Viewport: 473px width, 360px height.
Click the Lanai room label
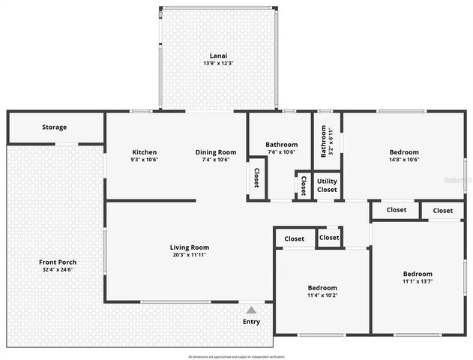tap(218, 55)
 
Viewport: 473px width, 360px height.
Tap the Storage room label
tap(54, 127)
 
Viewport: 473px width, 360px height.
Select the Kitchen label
tap(144, 151)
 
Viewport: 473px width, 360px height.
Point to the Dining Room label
tap(216, 151)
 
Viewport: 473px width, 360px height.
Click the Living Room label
tap(189, 247)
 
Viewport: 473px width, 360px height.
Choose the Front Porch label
tap(58, 262)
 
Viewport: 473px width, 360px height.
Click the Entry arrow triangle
tap(251, 309)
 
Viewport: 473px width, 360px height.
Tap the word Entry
tap(251, 322)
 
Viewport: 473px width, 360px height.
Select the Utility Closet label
tap(327, 184)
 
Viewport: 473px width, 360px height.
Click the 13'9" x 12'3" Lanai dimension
tap(218, 63)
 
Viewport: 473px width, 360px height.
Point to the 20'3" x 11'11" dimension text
tap(189, 255)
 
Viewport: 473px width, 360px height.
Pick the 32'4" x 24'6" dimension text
tap(58, 269)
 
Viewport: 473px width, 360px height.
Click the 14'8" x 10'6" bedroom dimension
tap(403, 159)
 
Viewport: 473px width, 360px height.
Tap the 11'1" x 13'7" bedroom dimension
tap(418, 281)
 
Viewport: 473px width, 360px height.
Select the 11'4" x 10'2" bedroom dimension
tap(322, 295)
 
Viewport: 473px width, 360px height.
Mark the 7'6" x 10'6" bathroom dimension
tap(281, 152)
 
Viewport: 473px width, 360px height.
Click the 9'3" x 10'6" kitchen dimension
tap(144, 159)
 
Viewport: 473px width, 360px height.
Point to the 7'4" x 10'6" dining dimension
tap(216, 159)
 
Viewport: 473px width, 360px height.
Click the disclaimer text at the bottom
tap(236, 356)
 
